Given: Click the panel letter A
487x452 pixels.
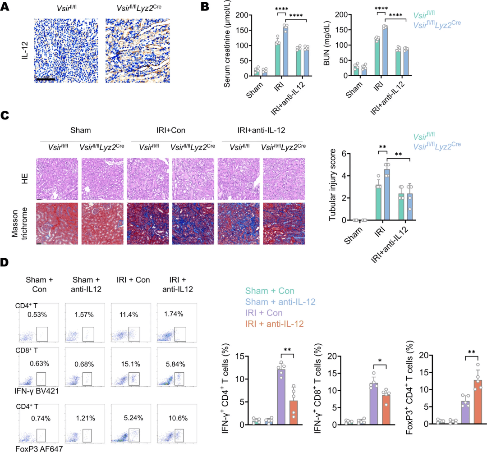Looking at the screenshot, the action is pos(5,6).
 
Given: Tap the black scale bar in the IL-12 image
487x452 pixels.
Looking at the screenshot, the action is pos(46,79).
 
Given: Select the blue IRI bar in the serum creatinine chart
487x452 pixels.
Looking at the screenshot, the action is pos(285,51).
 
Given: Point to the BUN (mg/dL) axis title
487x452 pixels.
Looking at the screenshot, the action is pos(326,43).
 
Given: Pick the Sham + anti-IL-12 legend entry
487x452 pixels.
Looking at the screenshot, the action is pos(280,302).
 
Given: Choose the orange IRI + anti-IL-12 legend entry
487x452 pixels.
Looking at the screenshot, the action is pos(274,324).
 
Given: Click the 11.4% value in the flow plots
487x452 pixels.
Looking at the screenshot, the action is pos(129,315).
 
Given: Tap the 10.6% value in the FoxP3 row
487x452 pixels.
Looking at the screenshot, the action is pos(178,418).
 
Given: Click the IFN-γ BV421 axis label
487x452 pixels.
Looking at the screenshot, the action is pos(37,391).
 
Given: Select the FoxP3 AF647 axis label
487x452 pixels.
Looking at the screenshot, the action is pos(39,448).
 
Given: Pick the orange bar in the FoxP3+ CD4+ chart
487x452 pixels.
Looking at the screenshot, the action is pos(478,402).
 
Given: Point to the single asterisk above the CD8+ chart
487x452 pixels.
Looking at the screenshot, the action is pos(380,361).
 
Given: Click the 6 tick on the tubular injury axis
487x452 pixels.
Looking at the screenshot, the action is pos(344,154).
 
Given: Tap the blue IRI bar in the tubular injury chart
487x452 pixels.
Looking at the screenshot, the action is pos(387,195).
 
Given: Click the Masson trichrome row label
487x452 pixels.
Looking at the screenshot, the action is pos(19,223).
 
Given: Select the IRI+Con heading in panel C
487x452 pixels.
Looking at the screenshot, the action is pos(171,130).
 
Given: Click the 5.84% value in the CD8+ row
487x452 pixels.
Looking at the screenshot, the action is pos(175,364).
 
